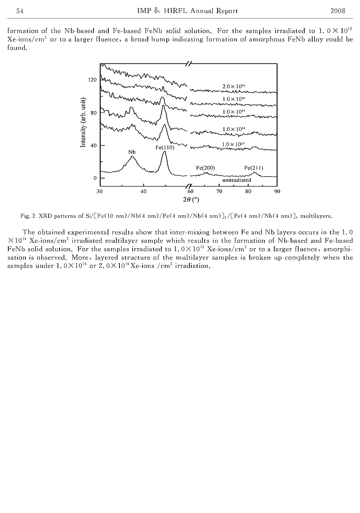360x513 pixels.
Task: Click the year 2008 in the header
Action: (338, 11)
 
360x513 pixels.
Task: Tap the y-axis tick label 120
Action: (92, 80)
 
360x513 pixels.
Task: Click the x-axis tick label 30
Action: (100, 192)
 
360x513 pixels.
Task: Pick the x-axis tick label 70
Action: (219, 192)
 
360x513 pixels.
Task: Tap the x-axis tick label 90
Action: (277, 192)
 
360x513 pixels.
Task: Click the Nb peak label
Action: (132, 152)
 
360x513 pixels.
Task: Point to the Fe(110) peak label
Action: (165, 148)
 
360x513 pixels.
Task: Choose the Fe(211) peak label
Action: (254, 167)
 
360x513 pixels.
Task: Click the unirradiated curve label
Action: (236, 180)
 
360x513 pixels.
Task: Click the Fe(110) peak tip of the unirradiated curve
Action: (164, 152)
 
